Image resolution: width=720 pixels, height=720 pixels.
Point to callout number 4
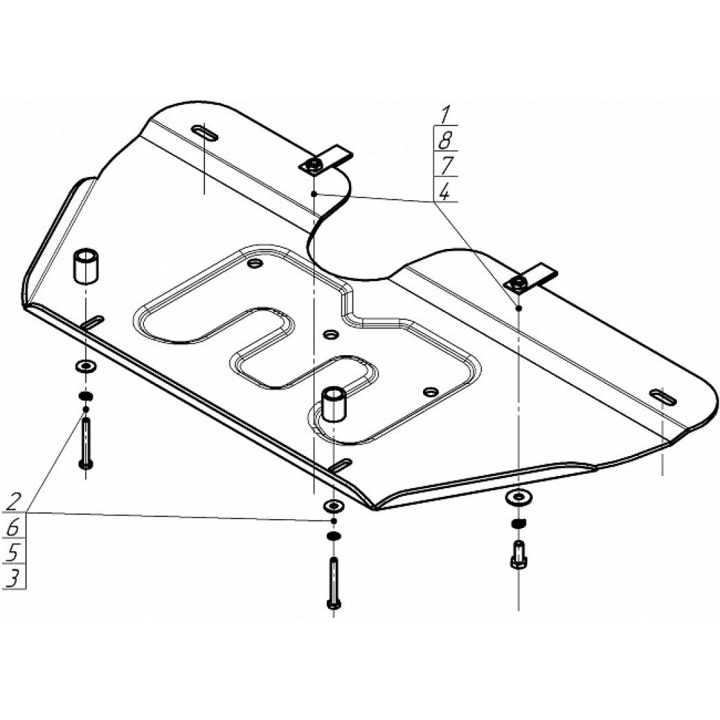tap(444, 192)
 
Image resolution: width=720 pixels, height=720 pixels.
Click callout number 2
tap(14, 501)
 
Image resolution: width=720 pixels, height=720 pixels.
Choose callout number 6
tap(13, 527)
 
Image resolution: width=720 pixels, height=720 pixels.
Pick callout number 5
tap(13, 553)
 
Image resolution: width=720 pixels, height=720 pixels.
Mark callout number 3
tap(13, 579)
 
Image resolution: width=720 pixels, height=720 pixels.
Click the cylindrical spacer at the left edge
tap(86, 266)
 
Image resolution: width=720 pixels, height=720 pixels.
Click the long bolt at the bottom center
tap(333, 583)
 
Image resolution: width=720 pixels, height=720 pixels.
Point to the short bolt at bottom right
tap(518, 555)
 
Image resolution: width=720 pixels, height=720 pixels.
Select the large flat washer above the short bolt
tap(518, 497)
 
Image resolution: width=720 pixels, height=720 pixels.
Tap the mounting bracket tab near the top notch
tap(326, 160)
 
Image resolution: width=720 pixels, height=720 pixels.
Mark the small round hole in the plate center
tap(330, 335)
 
